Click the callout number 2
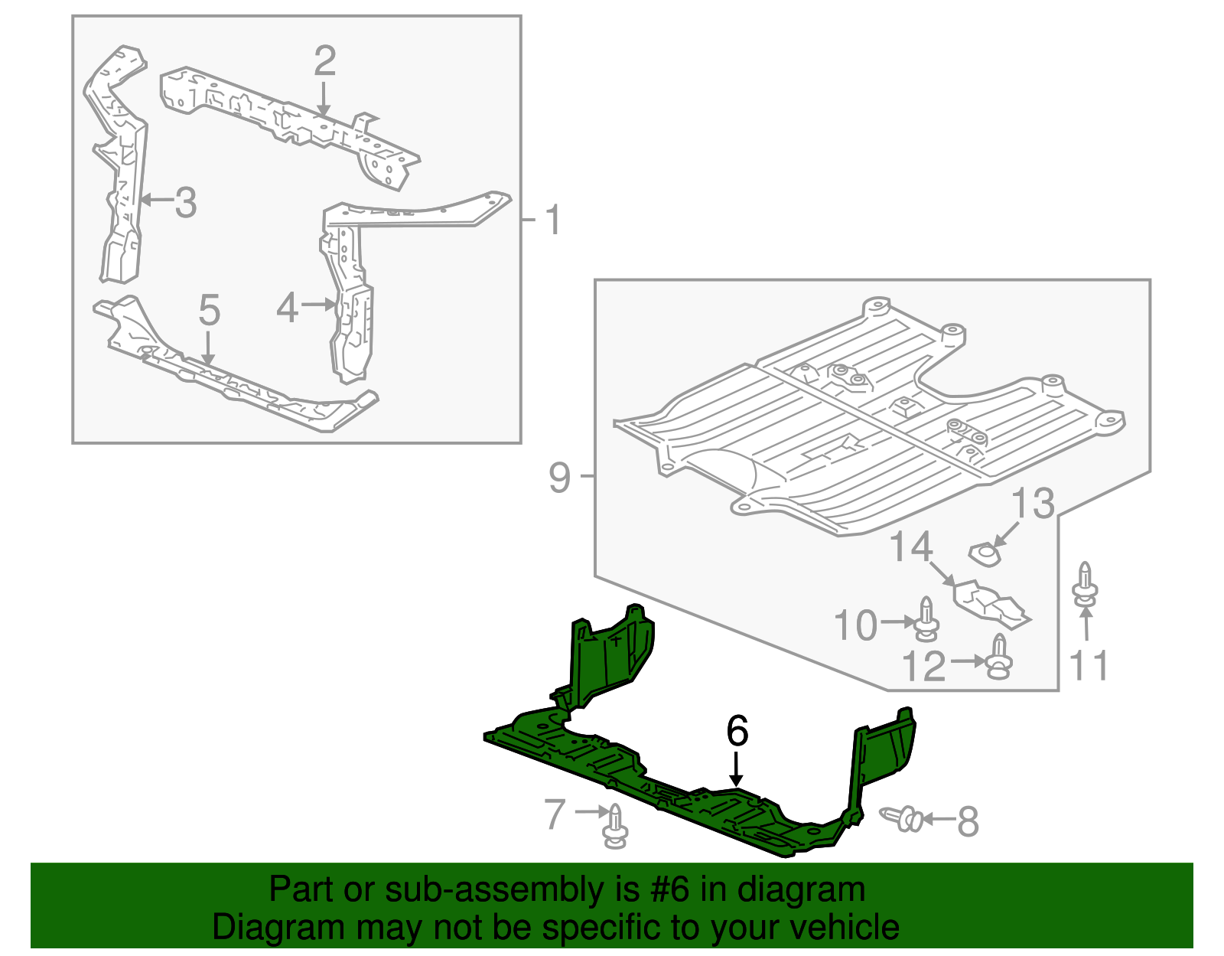click(x=324, y=61)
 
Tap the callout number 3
click(x=186, y=203)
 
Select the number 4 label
click(x=287, y=308)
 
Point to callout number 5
click(x=209, y=311)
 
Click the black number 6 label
click(x=737, y=731)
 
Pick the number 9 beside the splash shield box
click(x=559, y=478)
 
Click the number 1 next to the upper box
click(x=553, y=221)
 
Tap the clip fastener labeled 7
click(x=615, y=827)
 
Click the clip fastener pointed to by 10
click(x=926, y=619)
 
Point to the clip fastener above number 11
click(x=1085, y=586)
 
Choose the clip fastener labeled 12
click(x=998, y=657)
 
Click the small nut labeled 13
click(x=985, y=553)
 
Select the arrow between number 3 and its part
click(x=157, y=201)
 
